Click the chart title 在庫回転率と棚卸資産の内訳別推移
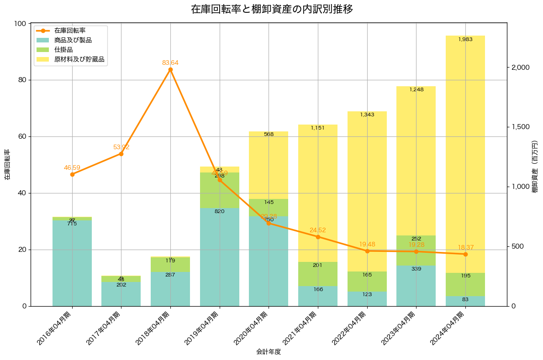click(x=271, y=9)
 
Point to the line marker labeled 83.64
click(x=170, y=70)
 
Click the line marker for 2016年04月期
click(x=72, y=174)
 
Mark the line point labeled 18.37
click(x=465, y=254)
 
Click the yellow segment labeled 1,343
click(x=367, y=192)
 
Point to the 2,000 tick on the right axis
click(x=520, y=68)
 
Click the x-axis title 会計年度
click(x=269, y=352)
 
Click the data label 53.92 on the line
click(x=121, y=147)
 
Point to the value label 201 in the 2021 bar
click(x=318, y=265)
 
